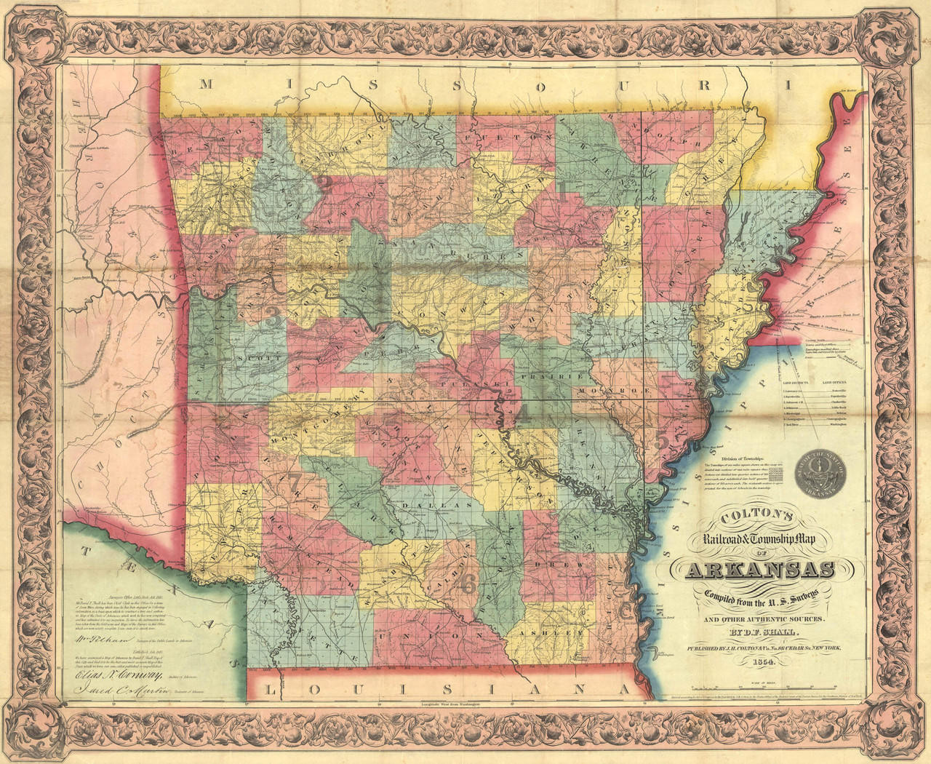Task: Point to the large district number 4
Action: (x=522, y=415)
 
